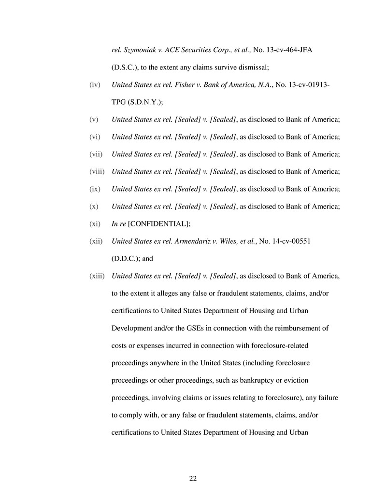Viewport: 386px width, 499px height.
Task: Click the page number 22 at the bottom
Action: pos(193,478)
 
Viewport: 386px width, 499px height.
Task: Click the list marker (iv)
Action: pos(95,85)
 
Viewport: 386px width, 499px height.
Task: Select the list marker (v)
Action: pos(94,120)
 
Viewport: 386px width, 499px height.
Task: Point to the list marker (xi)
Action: pos(95,223)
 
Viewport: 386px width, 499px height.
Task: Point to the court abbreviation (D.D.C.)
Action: pos(126,258)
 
